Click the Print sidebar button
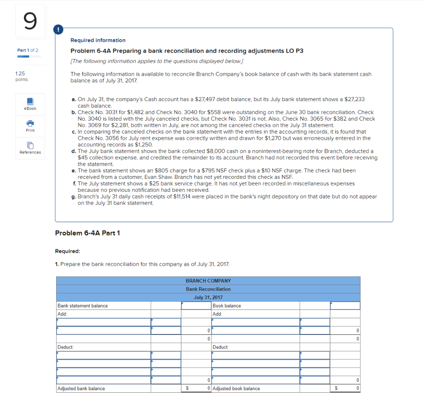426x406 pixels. (30, 126)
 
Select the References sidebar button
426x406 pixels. (30, 148)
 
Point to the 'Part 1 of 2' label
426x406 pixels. (27, 50)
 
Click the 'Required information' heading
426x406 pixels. (98, 40)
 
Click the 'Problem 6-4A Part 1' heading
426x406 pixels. (87, 233)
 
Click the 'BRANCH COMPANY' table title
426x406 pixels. (208, 281)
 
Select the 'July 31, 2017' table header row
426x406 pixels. (208, 297)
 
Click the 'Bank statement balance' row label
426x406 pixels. (82, 306)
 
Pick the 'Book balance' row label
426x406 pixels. (227, 306)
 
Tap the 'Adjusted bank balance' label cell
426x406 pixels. (81, 389)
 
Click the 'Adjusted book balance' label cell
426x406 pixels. (236, 389)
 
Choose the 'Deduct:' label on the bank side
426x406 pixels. (65, 347)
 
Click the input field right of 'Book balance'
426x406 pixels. (345, 306)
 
